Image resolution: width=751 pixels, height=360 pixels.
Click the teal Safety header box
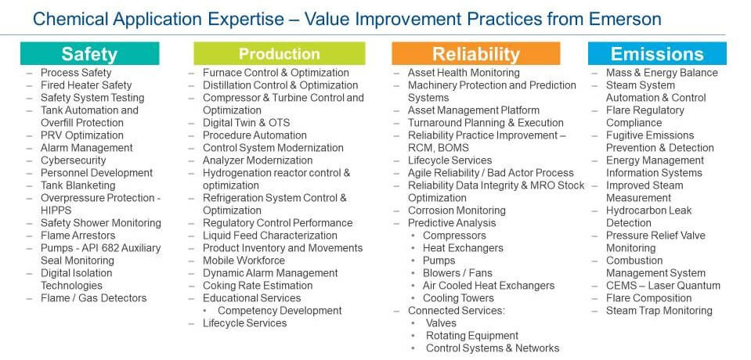coord(89,54)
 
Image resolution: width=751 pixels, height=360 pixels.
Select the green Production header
coord(280,54)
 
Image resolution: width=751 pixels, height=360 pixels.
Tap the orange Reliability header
coord(475,54)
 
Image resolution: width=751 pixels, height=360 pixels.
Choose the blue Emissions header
coord(657,54)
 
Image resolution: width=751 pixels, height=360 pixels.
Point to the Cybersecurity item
coord(74,160)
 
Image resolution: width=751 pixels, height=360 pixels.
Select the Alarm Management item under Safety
coord(87,148)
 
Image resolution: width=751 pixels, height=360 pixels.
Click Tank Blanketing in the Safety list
coord(78,185)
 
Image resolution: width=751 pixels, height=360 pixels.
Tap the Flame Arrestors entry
coord(78,236)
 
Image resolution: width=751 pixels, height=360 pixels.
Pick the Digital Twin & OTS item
coord(246,123)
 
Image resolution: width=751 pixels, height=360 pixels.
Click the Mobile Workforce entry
coord(244,261)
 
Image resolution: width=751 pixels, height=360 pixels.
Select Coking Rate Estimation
coord(258,286)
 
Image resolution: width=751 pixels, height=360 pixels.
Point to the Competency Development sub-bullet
coord(280,310)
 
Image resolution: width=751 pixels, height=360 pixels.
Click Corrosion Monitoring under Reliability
coord(457,211)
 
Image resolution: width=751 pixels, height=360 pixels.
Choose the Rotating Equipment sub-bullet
coord(472,336)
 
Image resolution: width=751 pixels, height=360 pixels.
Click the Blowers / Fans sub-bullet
coord(457,273)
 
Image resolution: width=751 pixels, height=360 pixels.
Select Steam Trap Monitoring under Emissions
coord(659,310)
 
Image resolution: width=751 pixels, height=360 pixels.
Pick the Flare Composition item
coord(649,297)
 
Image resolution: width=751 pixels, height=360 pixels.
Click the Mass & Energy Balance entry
coord(662,73)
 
